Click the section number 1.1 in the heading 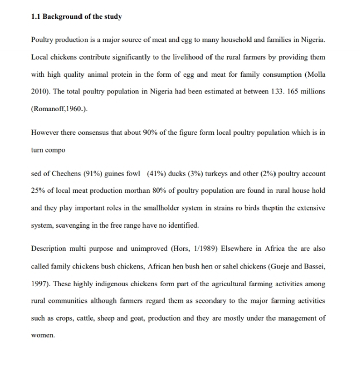(x=37, y=17)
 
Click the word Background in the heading (x=66, y=17)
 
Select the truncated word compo (x=55, y=150)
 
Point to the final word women (x=43, y=335)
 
